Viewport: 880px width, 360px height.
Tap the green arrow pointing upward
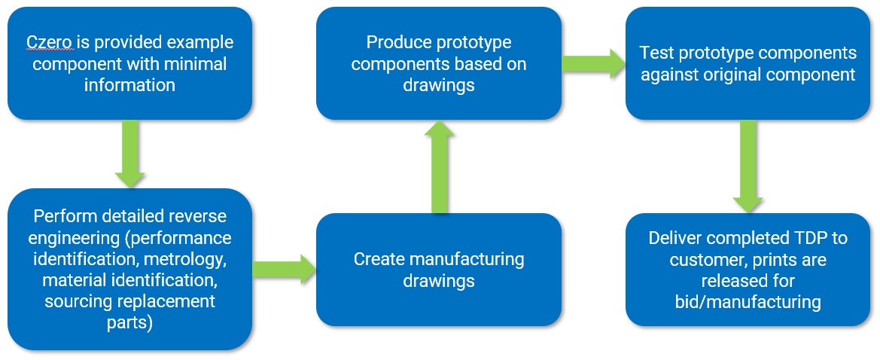[439, 166]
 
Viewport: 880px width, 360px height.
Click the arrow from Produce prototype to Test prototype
[592, 64]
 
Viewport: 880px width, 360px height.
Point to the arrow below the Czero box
[129, 154]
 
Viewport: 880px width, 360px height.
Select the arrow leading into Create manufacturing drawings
[283, 270]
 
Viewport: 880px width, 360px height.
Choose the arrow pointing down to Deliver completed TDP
[748, 166]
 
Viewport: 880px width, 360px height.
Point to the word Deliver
[675, 239]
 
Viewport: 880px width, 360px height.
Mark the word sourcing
[77, 302]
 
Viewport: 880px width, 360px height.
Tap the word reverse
[199, 217]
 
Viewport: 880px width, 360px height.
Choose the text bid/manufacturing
[748, 302]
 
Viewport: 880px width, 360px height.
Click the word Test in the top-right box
[654, 53]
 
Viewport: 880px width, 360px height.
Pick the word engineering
[69, 239]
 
